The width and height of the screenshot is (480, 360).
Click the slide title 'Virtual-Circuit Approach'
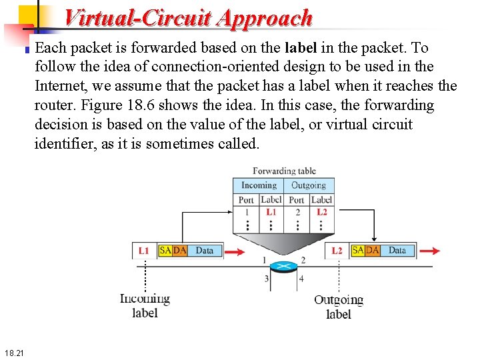click(189, 17)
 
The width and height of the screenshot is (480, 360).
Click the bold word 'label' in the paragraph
click(301, 48)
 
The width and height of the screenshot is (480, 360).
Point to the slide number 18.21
click(13, 352)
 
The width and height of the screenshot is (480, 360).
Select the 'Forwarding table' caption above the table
click(284, 171)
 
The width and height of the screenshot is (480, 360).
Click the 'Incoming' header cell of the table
click(259, 185)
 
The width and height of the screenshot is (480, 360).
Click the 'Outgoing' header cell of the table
click(309, 185)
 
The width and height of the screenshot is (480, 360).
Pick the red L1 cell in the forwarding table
click(271, 212)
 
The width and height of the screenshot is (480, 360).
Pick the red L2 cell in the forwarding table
click(321, 212)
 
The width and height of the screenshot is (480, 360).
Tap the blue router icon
click(284, 265)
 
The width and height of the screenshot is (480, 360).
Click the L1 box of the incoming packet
click(144, 251)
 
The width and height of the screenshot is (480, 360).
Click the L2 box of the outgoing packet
click(337, 251)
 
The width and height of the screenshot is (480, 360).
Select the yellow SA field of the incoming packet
click(165, 251)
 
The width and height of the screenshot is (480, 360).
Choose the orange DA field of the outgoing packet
click(372, 251)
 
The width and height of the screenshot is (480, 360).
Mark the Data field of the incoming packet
click(205, 251)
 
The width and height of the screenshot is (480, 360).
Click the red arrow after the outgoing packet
click(430, 251)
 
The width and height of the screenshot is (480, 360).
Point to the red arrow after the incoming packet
click(235, 252)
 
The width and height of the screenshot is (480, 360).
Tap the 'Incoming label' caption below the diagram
click(145, 306)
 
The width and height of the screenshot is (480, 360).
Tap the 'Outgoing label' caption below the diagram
click(339, 307)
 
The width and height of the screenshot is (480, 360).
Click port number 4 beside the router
click(302, 279)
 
